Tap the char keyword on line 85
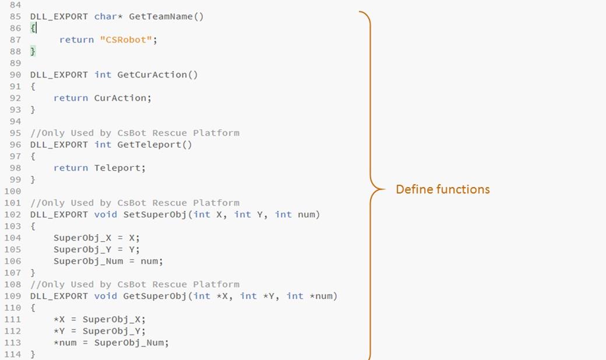click(x=105, y=16)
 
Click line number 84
click(x=15, y=5)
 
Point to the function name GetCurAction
click(x=152, y=75)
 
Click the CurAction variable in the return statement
click(x=120, y=98)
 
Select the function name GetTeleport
click(x=149, y=144)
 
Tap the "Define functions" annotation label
click(x=443, y=189)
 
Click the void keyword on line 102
click(x=105, y=214)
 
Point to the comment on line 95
click(x=135, y=133)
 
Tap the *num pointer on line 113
click(x=65, y=343)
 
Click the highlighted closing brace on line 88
click(x=33, y=51)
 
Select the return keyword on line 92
click(x=71, y=98)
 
